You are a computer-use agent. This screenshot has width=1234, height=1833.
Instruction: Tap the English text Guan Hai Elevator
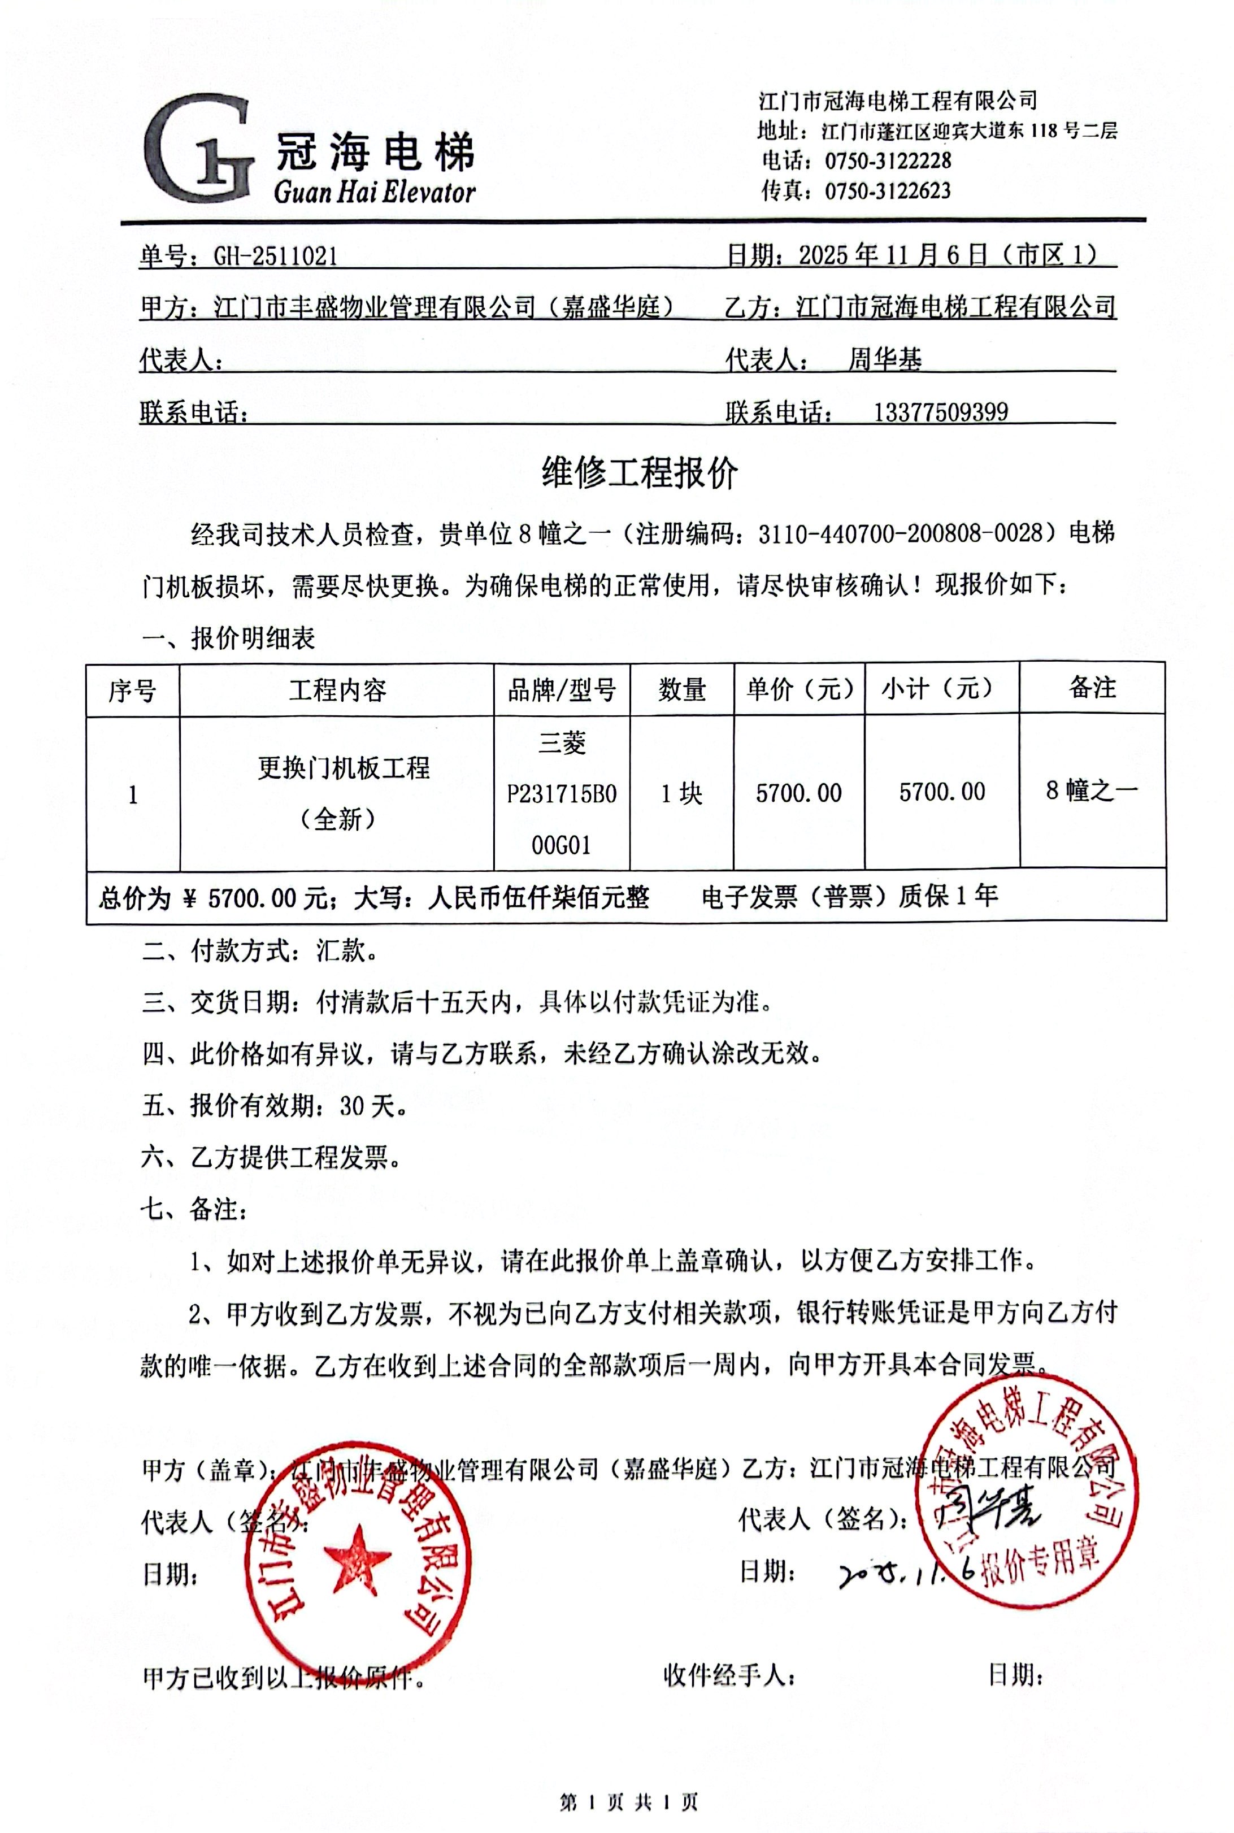pyautogui.click(x=375, y=192)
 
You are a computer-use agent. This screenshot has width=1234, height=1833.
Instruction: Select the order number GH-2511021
pyautogui.click(x=276, y=256)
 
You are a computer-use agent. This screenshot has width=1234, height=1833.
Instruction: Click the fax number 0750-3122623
pyautogui.click(x=888, y=190)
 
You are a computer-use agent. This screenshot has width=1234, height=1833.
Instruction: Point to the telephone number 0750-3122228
pyautogui.click(x=888, y=160)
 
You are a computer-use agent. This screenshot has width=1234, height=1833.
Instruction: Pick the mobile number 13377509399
pyautogui.click(x=940, y=411)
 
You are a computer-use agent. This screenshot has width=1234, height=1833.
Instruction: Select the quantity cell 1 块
pyautogui.click(x=681, y=793)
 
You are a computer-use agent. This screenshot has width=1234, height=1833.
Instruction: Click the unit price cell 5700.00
pyautogui.click(x=799, y=793)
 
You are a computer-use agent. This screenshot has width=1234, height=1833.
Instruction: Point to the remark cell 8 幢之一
pyautogui.click(x=1092, y=790)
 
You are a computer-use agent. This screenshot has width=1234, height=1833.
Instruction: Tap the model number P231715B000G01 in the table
pyautogui.click(x=561, y=819)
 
